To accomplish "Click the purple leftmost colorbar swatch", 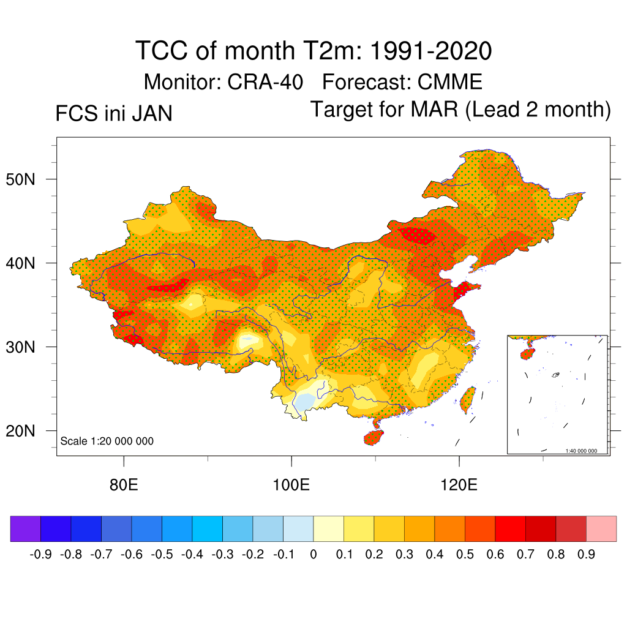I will [x=26, y=529].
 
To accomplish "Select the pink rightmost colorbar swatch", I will [x=601, y=529].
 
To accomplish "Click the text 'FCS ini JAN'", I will [x=114, y=114].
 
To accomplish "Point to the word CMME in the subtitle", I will [x=450, y=81].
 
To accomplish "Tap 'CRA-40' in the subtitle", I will [x=265, y=81].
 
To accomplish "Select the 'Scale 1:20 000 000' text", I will [x=107, y=441].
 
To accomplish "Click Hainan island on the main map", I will [x=374, y=437].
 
